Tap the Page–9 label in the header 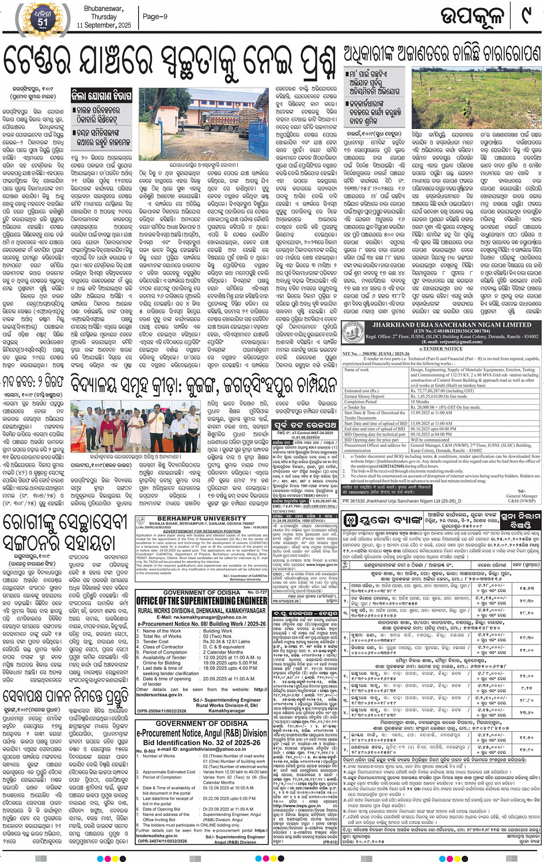click(x=155, y=17)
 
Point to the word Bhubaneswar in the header click(x=104, y=9)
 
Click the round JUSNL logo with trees click(x=353, y=333)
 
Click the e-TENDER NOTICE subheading click(x=441, y=348)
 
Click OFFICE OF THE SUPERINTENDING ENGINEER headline click(x=201, y=601)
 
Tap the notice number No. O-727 click(x=257, y=592)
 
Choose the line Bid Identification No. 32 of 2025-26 click(x=201, y=742)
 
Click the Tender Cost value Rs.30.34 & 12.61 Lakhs click(x=227, y=641)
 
